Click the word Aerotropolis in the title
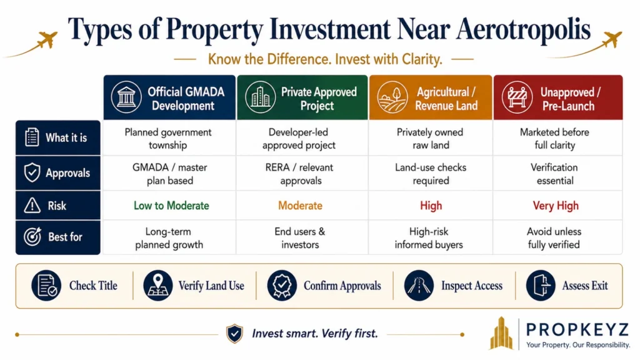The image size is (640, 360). click(x=523, y=29)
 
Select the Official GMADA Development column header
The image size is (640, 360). click(x=169, y=97)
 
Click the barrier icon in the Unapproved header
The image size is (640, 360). click(x=517, y=97)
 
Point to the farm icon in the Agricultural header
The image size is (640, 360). click(x=392, y=97)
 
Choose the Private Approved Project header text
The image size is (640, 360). click(x=318, y=99)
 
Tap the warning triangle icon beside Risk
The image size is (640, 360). click(x=32, y=205)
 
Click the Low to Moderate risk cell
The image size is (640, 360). click(x=171, y=205)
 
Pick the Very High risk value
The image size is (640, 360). click(x=556, y=205)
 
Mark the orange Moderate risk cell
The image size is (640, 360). click(x=300, y=205)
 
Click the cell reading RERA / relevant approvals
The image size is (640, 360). click(x=299, y=174)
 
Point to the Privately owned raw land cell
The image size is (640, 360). click(x=430, y=138)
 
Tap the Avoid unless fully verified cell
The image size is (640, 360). click(x=554, y=238)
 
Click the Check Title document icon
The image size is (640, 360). click(x=46, y=285)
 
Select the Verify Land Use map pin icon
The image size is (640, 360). click(x=158, y=285)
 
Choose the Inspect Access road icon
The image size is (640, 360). click(x=419, y=285)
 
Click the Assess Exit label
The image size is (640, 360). click(x=585, y=286)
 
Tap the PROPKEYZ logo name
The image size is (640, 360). click(x=577, y=329)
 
